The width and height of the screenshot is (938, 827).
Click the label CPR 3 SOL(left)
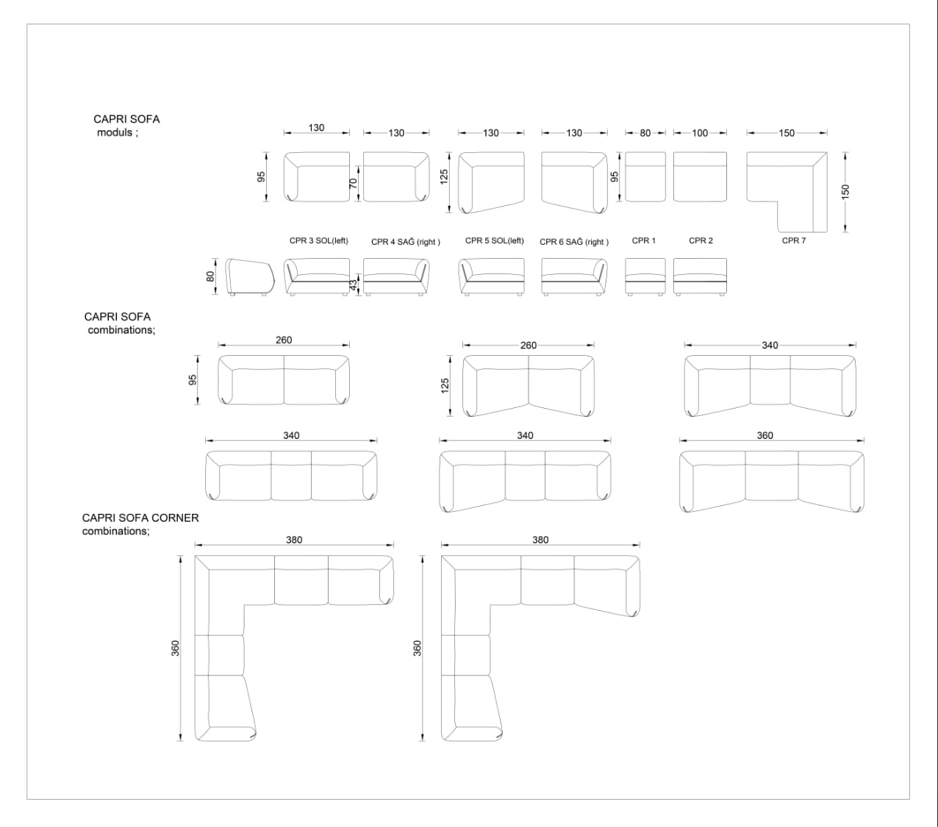pos(318,241)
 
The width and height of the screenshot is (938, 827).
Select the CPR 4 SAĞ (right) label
pos(406,242)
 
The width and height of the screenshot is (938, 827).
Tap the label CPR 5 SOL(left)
pos(495,241)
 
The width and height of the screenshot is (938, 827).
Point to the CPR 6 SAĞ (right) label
pos(574,242)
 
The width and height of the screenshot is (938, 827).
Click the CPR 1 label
pos(643,241)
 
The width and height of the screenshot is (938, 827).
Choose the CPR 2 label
pos(701,241)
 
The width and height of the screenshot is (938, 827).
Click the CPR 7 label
pos(793,241)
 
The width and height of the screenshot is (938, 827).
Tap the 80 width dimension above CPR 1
pos(645,133)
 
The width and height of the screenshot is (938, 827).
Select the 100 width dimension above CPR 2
pos(700,133)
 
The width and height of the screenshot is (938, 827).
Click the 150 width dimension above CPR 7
pos(787,133)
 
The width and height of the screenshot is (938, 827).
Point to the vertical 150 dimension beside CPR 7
pos(845,192)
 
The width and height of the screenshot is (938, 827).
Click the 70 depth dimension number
pos(354,183)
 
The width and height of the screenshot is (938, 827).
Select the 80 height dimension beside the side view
pos(210,276)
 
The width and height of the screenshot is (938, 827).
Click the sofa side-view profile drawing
pos(250,277)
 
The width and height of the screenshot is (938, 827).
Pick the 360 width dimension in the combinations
pos(765,435)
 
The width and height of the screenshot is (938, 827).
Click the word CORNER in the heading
pos(177,518)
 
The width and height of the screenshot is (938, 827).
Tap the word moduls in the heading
pos(115,132)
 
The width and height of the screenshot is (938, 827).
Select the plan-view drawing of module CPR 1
pos(645,177)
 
